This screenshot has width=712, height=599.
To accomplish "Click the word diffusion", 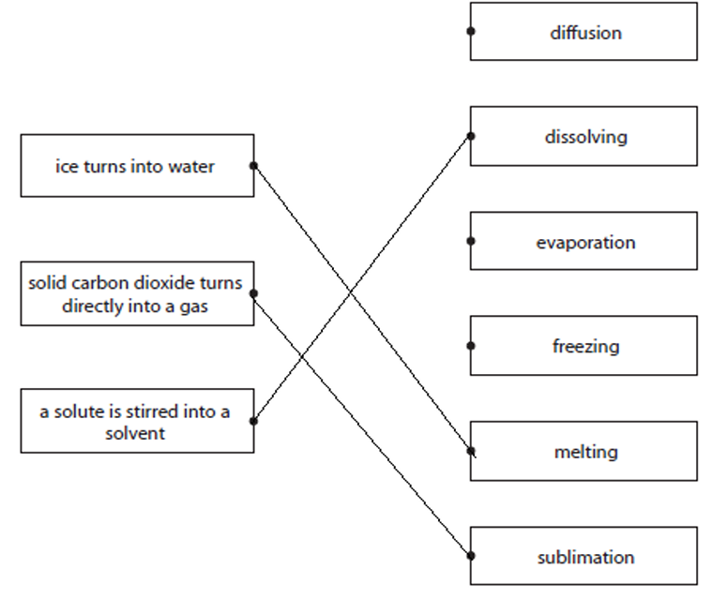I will (x=585, y=33).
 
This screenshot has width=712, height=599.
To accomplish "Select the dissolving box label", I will (x=585, y=137).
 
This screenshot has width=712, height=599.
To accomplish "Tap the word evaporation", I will (x=585, y=243).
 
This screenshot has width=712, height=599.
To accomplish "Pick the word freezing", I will (x=585, y=347).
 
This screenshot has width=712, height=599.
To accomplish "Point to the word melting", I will (x=585, y=452).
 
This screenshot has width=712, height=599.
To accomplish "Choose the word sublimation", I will (x=585, y=558).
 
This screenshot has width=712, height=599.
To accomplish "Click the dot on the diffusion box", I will (x=471, y=31).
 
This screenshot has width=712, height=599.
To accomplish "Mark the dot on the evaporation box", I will (x=471, y=241).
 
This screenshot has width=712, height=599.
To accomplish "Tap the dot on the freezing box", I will (x=471, y=346).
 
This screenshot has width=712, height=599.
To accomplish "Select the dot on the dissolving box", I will (x=471, y=136).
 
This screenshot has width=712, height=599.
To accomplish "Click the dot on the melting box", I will (x=471, y=451).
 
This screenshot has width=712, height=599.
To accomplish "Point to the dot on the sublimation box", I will (x=471, y=556).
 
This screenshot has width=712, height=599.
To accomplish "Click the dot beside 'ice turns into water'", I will (x=253, y=166).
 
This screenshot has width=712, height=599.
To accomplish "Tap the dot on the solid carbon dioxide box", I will (x=253, y=293).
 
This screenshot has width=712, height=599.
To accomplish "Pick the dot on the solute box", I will (x=253, y=421).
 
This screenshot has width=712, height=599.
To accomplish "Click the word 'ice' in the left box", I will (x=67, y=167).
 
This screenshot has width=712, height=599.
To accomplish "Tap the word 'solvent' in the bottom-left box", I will (x=135, y=433).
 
